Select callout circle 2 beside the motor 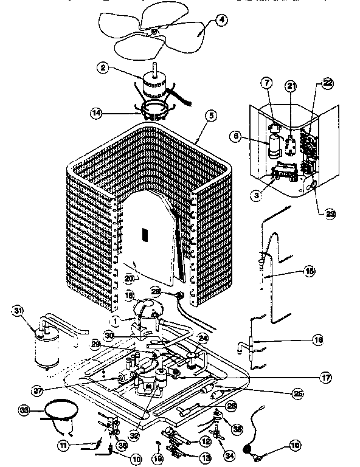coord(104,68)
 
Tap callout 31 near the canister coord(18,312)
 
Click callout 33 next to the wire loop coord(24,409)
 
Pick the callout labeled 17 coord(327,378)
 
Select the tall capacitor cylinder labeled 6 coord(275,147)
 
